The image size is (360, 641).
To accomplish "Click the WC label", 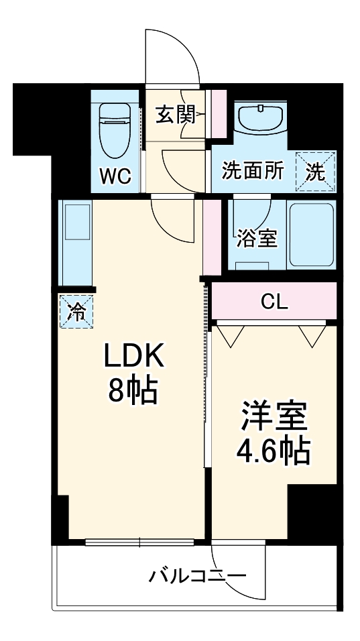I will [x=115, y=176].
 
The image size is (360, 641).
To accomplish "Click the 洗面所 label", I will [x=253, y=171].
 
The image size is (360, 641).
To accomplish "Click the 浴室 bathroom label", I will [x=256, y=238].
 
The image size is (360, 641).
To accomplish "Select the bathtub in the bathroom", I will [x=312, y=234].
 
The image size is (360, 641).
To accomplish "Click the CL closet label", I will [x=274, y=302].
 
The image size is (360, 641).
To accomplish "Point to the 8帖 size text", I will [x=133, y=391].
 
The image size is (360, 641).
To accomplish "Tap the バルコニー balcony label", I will [x=198, y=575].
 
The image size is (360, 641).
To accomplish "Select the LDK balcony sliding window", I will [x=140, y=542].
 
